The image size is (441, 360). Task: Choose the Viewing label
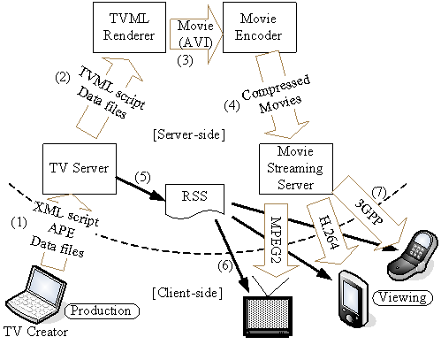point(404,296)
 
